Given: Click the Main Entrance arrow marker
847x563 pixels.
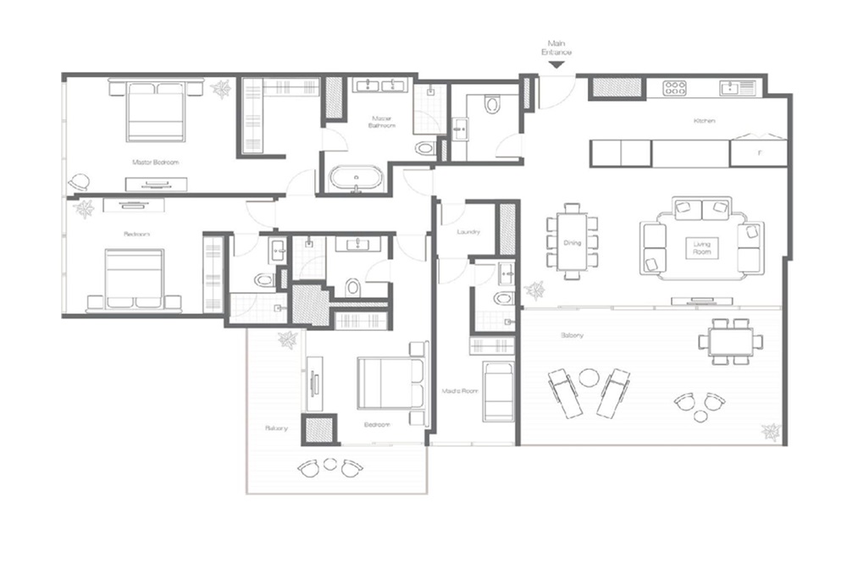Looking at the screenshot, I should (x=556, y=64).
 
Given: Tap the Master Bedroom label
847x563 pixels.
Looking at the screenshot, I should (x=155, y=162).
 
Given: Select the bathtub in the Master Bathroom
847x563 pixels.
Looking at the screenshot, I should (x=356, y=179).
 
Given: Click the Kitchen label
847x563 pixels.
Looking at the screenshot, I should (x=704, y=121).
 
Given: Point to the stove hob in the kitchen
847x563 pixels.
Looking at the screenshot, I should (x=674, y=86).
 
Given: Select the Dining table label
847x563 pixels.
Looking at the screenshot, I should (x=573, y=243).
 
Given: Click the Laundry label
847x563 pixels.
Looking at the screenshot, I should (x=468, y=231).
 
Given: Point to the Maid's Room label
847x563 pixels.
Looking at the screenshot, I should (x=456, y=390).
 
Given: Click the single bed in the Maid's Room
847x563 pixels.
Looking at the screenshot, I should (x=497, y=391).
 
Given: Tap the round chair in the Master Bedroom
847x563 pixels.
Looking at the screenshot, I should (x=80, y=181).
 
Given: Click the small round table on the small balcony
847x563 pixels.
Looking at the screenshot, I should (x=330, y=463).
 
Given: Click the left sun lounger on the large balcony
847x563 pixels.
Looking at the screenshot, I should (x=566, y=392).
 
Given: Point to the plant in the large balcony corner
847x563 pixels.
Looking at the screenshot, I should (x=771, y=432).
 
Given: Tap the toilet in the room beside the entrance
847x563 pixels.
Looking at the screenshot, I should (x=492, y=105).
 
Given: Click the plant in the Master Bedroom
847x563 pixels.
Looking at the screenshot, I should (x=221, y=89).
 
